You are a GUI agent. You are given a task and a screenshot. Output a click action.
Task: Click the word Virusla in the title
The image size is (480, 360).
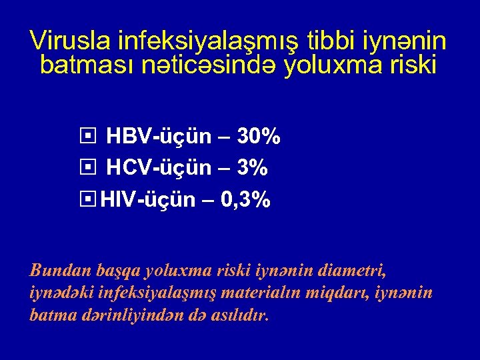click(70, 41)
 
